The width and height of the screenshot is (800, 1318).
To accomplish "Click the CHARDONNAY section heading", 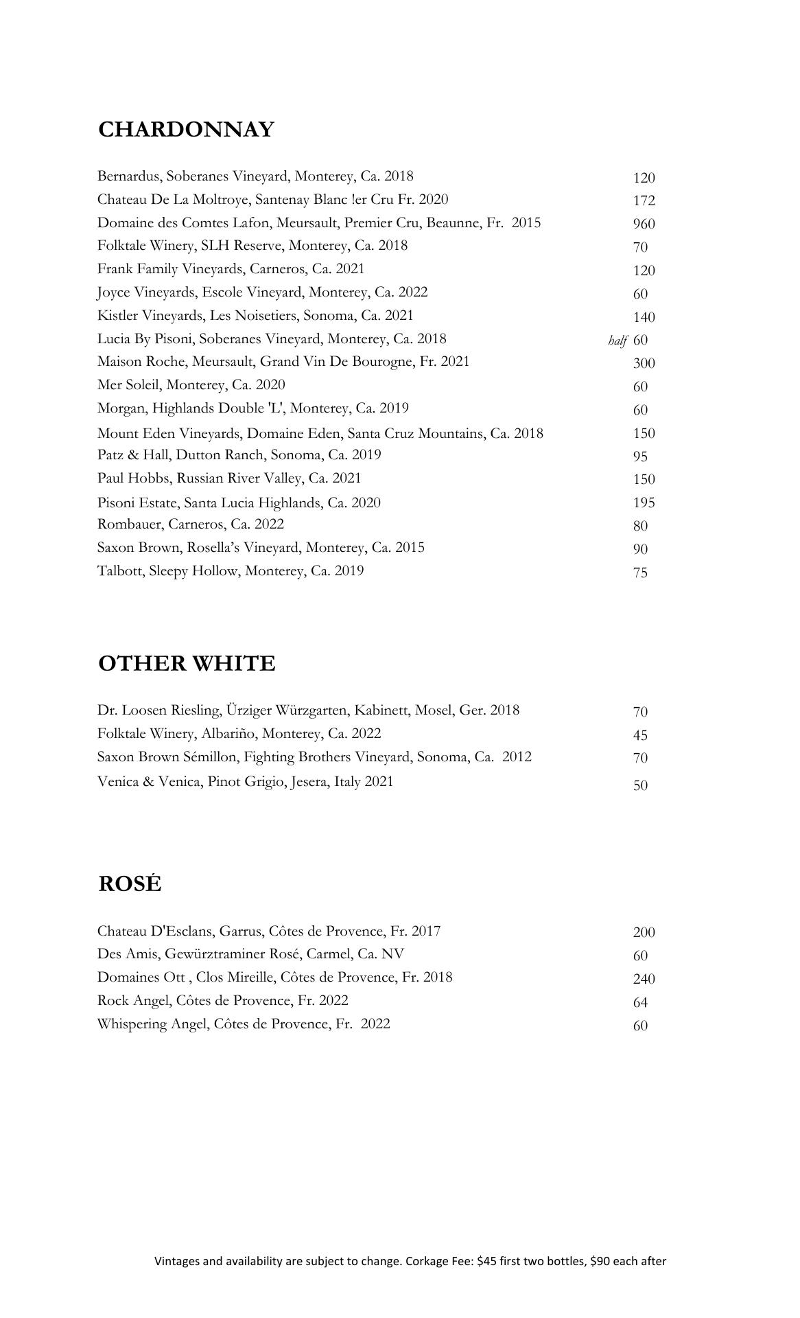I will [186, 130].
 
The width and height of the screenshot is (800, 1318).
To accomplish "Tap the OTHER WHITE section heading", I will [187, 664].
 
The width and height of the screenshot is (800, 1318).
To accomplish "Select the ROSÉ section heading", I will [130, 883].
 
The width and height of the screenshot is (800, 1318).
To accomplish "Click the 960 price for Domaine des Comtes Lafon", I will [644, 224].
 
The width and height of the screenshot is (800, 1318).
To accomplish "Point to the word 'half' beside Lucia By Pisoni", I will [617, 340].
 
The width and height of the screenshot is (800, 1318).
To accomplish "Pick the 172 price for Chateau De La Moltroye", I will [644, 200].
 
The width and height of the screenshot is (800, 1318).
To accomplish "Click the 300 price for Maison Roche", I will [644, 363].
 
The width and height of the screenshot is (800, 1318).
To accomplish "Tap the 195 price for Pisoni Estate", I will [644, 502].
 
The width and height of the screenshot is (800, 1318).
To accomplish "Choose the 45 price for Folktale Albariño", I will [640, 735].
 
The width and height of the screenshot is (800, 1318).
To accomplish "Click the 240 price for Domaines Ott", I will [644, 979].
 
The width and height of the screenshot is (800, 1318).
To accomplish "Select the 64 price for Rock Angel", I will [640, 1002].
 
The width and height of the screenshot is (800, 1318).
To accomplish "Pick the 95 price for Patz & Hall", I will [640, 456].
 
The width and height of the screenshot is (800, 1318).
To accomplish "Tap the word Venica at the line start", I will [117, 782].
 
